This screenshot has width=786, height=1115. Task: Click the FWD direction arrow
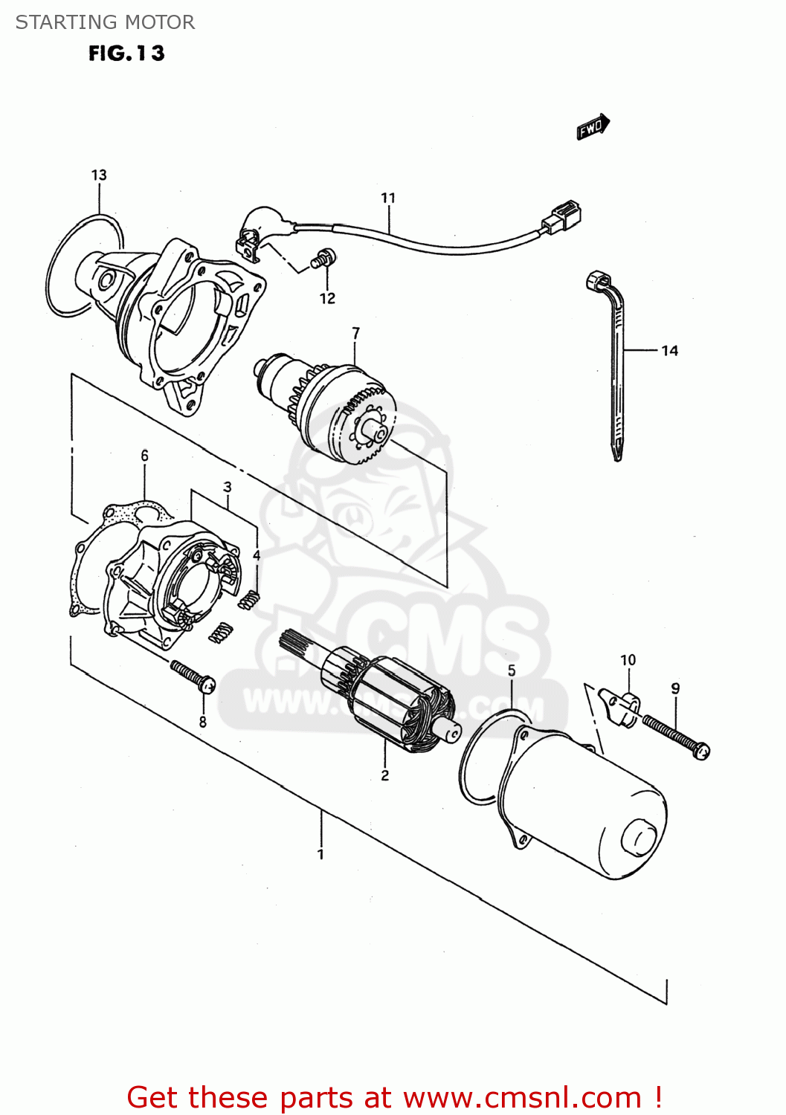tap(593, 126)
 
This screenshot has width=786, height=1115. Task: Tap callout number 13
tap(99, 175)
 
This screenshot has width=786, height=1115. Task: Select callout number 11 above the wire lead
tap(388, 198)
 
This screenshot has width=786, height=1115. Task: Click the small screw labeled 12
tap(323, 259)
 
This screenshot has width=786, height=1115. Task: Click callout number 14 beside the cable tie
tap(669, 350)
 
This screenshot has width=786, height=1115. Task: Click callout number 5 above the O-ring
tap(512, 670)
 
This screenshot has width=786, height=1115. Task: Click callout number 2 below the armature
tap(384, 775)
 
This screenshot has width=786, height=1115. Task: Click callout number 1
tap(320, 854)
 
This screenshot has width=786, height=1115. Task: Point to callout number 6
tap(144, 455)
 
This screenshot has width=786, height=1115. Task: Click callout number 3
tap(228, 487)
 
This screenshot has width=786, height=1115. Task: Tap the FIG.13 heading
tap(126, 54)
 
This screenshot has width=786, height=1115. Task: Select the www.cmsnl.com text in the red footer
tap(522, 1097)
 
